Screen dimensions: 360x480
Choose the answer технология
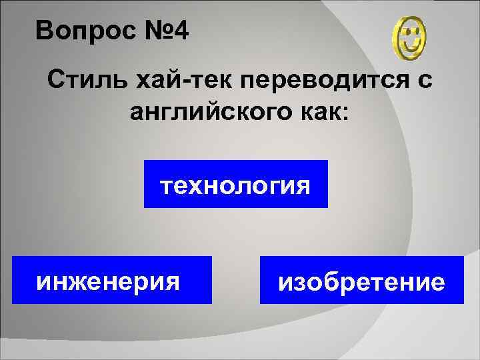[x=236, y=184]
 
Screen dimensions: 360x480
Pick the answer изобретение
[x=361, y=281]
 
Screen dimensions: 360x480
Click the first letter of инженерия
[x=44, y=281]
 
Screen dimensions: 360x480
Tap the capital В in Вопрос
[x=43, y=30]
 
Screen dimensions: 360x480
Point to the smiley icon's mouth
[x=411, y=45]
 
